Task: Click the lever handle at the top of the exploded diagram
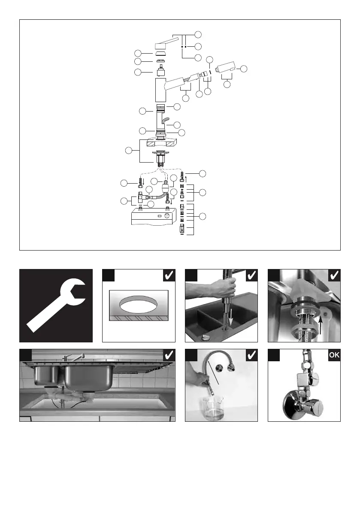(166, 43)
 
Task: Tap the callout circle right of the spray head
(244, 69)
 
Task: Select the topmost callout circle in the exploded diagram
(198, 34)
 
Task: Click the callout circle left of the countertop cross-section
(128, 151)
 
